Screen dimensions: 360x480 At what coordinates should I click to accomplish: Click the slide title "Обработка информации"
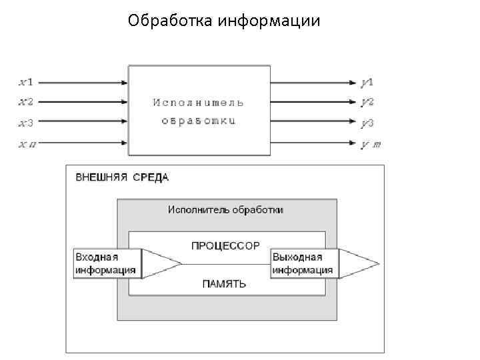pyautogui.click(x=224, y=21)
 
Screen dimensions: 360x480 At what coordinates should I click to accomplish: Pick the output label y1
pyautogui.click(x=367, y=83)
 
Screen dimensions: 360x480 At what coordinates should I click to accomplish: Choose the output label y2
pyautogui.click(x=367, y=102)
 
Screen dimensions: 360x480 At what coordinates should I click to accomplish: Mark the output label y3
pyautogui.click(x=367, y=123)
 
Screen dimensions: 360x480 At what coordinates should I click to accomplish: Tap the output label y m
pyautogui.click(x=371, y=143)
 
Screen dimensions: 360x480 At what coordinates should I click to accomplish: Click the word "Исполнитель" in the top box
pyautogui.click(x=199, y=103)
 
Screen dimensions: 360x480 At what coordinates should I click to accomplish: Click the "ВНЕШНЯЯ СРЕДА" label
pyautogui.click(x=122, y=177)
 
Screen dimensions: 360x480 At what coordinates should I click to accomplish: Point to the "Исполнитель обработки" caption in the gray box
pyautogui.click(x=225, y=209)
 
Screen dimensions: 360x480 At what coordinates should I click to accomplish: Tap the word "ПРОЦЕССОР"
pyautogui.click(x=225, y=245)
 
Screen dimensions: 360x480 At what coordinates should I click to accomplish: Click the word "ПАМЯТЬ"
pyautogui.click(x=224, y=283)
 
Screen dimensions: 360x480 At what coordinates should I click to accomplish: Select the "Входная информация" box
pyautogui.click(x=107, y=264)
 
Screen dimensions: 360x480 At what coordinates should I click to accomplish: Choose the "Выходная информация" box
pyautogui.click(x=304, y=264)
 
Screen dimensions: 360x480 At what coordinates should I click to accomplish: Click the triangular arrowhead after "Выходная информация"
pyautogui.click(x=357, y=264)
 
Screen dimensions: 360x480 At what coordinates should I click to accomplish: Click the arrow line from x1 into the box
pyautogui.click(x=80, y=83)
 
